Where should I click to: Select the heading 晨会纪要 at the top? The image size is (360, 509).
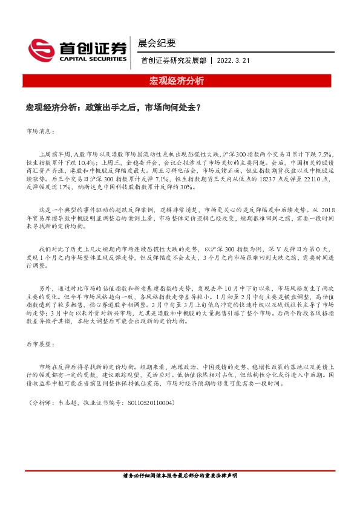pyautogui.click(x=157, y=43)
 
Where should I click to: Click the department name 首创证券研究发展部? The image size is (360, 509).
pyautogui.click(x=173, y=60)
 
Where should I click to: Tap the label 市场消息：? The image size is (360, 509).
pyautogui.click(x=41, y=131)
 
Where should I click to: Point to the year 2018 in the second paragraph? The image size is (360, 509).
pyautogui.click(x=326, y=209)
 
